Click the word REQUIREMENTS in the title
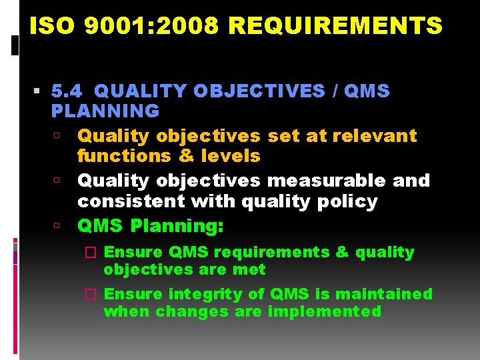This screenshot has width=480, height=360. pos(335,26)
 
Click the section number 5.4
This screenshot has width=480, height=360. pos(68,91)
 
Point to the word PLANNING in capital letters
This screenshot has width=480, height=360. pos(105,110)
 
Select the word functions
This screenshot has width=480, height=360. pos(115,155)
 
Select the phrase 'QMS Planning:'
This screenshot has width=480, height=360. pos(150,226)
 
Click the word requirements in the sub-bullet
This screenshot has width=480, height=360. pos(272,252)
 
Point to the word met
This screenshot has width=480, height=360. pos(253,269)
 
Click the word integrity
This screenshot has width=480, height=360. pos(200,294)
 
